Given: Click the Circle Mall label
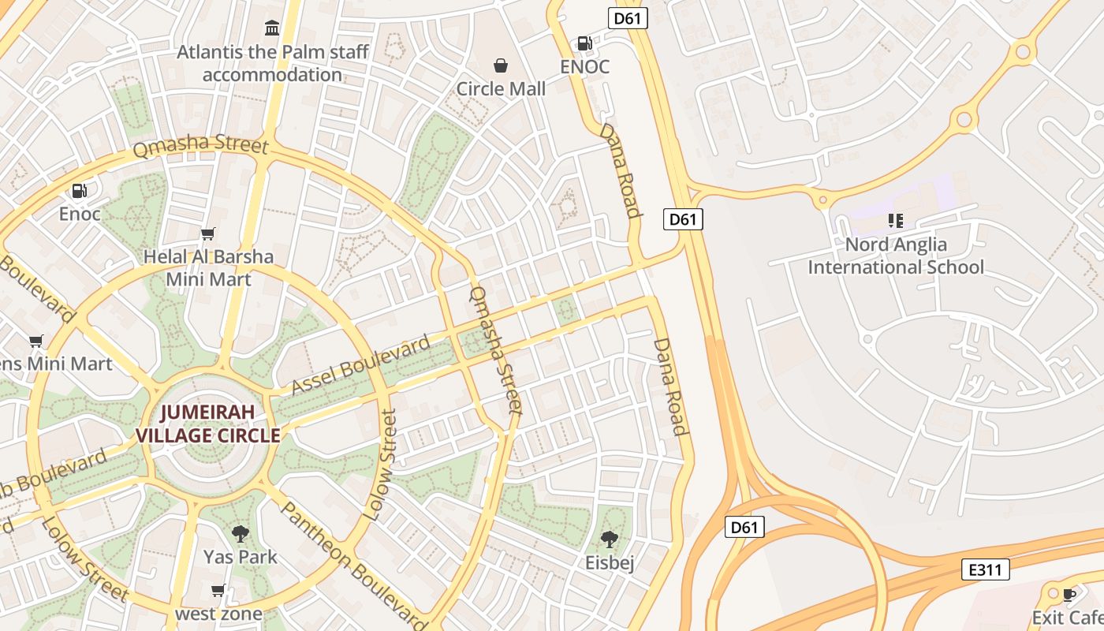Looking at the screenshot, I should pyautogui.click(x=501, y=89).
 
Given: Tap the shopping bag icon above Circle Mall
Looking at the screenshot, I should pyautogui.click(x=501, y=65).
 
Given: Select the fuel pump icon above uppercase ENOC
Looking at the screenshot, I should pyautogui.click(x=584, y=43).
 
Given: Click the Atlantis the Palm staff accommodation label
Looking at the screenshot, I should pyautogui.click(x=273, y=63).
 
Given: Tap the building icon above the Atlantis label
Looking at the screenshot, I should pyautogui.click(x=273, y=28).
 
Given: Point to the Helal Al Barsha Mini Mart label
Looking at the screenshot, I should pyautogui.click(x=208, y=268).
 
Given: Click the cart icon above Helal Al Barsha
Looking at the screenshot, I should pyautogui.click(x=208, y=233).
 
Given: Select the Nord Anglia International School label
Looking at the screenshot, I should pyautogui.click(x=896, y=256).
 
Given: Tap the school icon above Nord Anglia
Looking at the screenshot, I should pyautogui.click(x=895, y=220).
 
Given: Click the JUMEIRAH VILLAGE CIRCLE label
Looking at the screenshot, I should pyautogui.click(x=208, y=424).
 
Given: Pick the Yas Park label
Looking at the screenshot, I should pyautogui.click(x=241, y=557).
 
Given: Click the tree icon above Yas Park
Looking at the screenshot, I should pyautogui.click(x=241, y=534).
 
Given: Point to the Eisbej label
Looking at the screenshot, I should pyautogui.click(x=610, y=562).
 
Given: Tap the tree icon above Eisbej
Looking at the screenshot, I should pyautogui.click(x=610, y=540).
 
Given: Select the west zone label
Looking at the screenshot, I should pyautogui.click(x=218, y=614).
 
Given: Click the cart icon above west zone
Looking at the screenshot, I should pyautogui.click(x=218, y=590).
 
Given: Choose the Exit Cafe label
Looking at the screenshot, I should pyautogui.click(x=1069, y=617).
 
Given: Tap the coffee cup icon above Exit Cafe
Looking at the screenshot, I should pyautogui.click(x=1069, y=594).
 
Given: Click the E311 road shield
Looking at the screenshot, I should pyautogui.click(x=986, y=569).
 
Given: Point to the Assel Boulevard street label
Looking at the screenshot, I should pyautogui.click(x=362, y=364).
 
